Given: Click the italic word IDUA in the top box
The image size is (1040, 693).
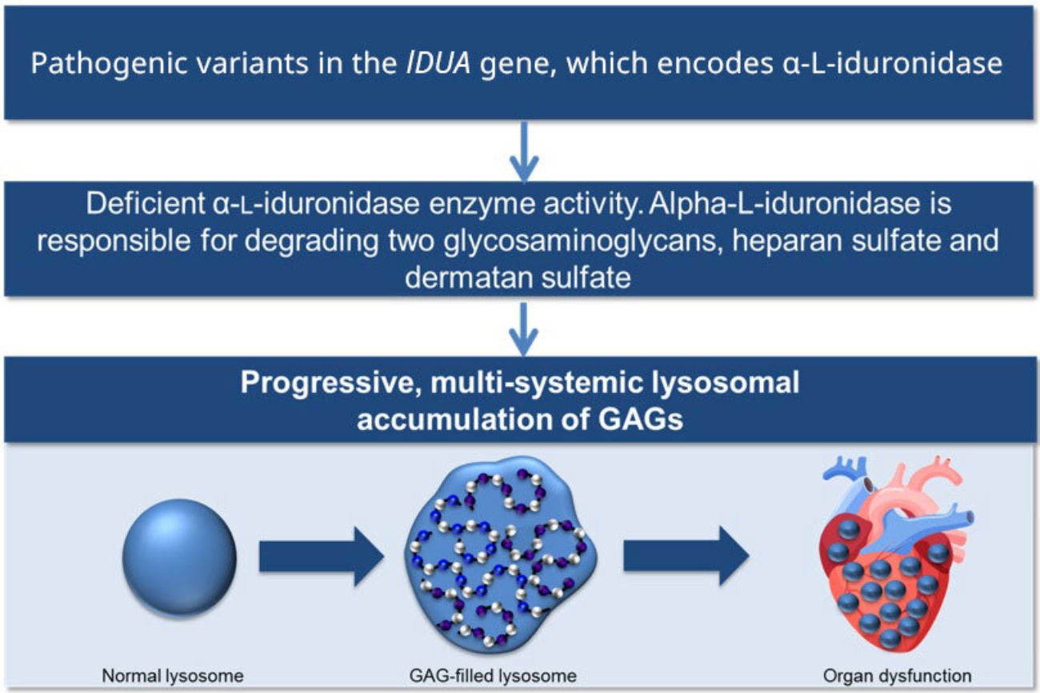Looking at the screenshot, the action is pyautogui.click(x=438, y=63).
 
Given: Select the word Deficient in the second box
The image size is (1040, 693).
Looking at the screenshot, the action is pyautogui.click(x=146, y=203).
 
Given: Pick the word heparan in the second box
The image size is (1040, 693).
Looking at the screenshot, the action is pyautogui.click(x=787, y=241).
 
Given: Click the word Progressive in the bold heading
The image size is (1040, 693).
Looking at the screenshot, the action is pyautogui.click(x=330, y=383).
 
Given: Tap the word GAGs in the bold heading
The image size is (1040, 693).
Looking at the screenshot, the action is pyautogui.click(x=640, y=420).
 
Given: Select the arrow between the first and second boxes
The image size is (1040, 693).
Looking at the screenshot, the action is pyautogui.click(x=524, y=152).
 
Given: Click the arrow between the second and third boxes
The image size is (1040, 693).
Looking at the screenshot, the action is pyautogui.click(x=524, y=329).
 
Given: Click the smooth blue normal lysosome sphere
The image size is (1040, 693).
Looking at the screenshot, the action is pyautogui.click(x=179, y=557).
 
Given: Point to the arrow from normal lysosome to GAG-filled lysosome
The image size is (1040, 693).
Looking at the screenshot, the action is pyautogui.click(x=322, y=556).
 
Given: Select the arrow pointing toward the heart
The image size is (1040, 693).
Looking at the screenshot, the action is pyautogui.click(x=686, y=556).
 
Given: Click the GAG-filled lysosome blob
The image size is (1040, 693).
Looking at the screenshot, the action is pyautogui.click(x=501, y=555).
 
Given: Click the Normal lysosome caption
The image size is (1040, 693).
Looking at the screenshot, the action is pyautogui.click(x=173, y=676).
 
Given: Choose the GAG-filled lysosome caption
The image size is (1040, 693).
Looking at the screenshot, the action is pyautogui.click(x=493, y=676).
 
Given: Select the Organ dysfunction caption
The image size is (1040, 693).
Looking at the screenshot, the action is pyautogui.click(x=897, y=676).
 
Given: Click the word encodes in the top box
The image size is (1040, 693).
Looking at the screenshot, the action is pyautogui.click(x=715, y=63).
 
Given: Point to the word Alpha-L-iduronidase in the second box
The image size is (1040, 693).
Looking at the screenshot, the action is pyautogui.click(x=785, y=203).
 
